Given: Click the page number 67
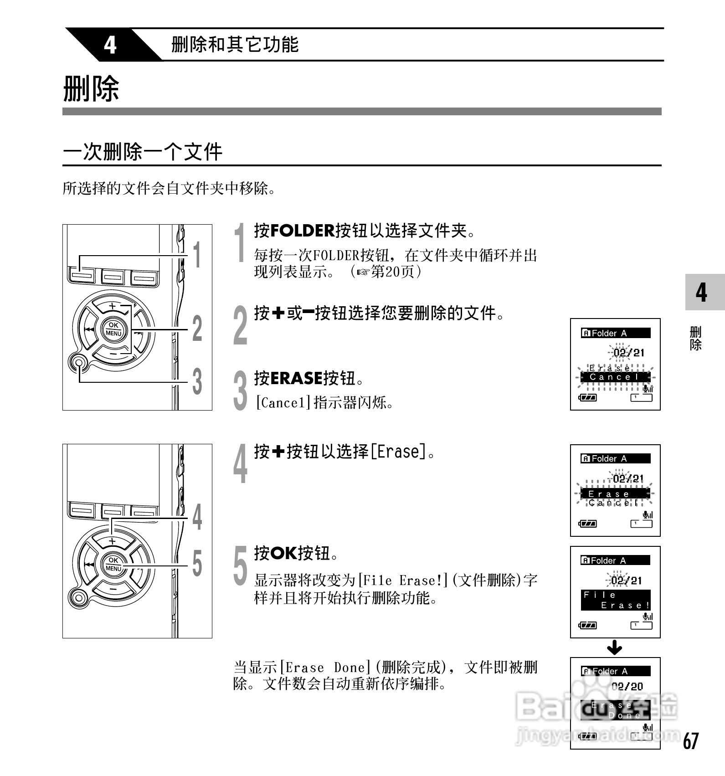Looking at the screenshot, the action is [x=690, y=740].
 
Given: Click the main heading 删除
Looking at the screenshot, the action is [x=91, y=88].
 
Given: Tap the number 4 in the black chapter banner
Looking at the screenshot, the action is [x=110, y=45].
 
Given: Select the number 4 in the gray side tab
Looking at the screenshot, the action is [x=701, y=292].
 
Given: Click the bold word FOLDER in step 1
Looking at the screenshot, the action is [x=302, y=231].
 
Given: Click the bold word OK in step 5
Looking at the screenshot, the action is [x=283, y=553].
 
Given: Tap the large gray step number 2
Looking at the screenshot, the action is [x=240, y=326].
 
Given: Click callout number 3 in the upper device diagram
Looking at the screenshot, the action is [x=197, y=382].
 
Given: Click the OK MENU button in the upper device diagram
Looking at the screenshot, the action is [x=113, y=329].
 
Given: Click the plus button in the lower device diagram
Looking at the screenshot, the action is [x=113, y=541].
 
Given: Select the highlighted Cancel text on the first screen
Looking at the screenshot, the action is [x=614, y=377].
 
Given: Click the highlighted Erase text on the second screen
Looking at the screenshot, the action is [x=609, y=494].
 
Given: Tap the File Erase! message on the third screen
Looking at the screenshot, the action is [x=615, y=600].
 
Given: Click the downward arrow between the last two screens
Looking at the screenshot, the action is [x=615, y=648].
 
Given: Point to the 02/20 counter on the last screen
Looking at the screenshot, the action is [x=627, y=686].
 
